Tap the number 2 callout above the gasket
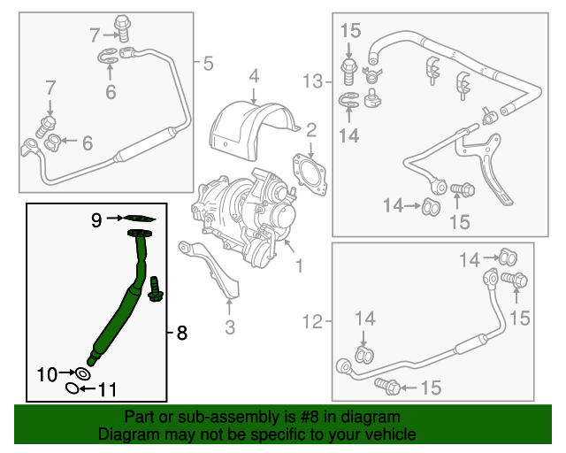[x=310, y=132]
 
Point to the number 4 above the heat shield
[x=253, y=76]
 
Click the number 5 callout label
[x=208, y=63]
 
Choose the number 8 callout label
[x=181, y=333]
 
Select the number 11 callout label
[x=106, y=388]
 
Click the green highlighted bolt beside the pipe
[x=157, y=288]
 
